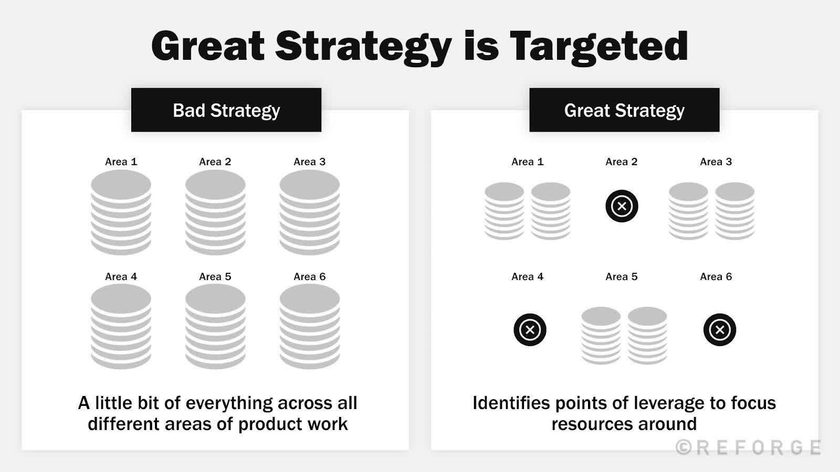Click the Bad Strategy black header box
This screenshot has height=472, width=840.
[226, 110]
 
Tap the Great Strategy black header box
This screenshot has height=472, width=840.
[624, 110]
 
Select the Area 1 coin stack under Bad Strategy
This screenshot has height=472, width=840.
[121, 212]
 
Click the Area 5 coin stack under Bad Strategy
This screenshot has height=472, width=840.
[215, 327]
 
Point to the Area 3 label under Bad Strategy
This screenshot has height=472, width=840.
[310, 162]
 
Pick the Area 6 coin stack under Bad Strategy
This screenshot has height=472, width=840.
[310, 327]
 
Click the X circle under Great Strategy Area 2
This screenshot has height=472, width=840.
[622, 206]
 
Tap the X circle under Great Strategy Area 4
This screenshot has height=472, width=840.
[530, 330]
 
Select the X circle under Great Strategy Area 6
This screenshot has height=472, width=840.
[719, 330]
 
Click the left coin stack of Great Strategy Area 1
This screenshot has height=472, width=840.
[504, 211]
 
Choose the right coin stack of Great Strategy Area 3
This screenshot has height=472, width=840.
[734, 211]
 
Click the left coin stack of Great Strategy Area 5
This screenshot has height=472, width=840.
[601, 336]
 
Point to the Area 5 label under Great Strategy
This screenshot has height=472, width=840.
[622, 276]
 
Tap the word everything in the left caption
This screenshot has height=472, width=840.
[229, 403]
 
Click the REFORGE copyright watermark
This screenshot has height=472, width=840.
[749, 447]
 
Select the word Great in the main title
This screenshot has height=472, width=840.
[208, 46]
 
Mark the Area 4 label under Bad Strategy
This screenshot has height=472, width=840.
[121, 276]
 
